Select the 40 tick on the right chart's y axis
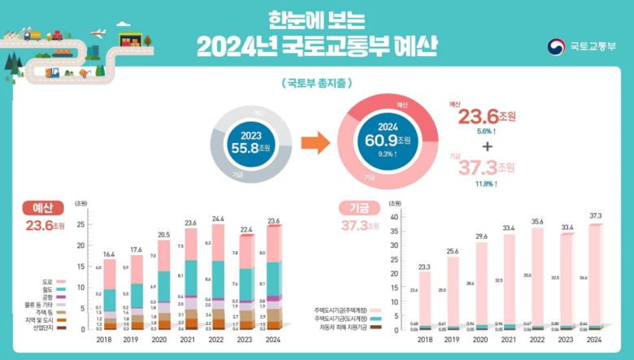[x=395, y=216]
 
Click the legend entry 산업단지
[x=53, y=327]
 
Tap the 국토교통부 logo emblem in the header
[x=555, y=46]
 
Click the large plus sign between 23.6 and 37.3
[x=488, y=146]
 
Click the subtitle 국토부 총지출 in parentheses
[x=316, y=84]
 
